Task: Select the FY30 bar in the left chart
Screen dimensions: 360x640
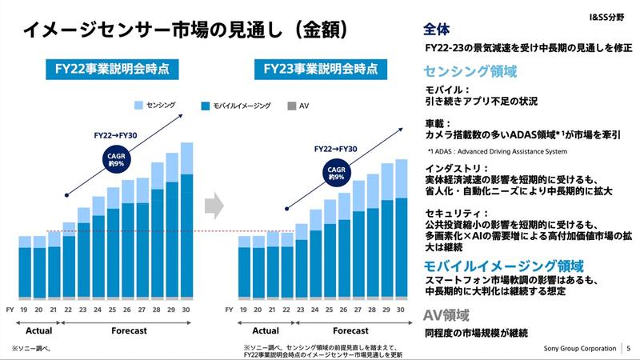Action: (x=187, y=220)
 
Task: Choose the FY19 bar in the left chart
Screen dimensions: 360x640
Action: (x=25, y=267)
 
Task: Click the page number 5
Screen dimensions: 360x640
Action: (x=628, y=349)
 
